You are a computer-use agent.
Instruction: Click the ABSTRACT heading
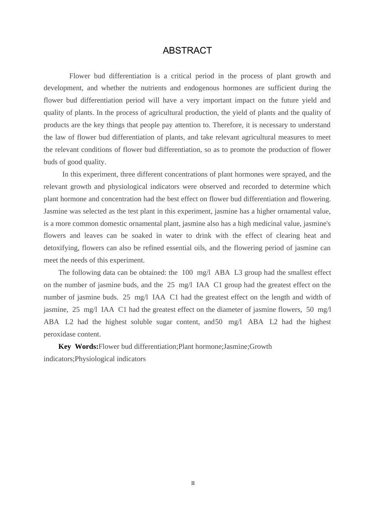tap(187, 50)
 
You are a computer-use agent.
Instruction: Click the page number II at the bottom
tap(193, 483)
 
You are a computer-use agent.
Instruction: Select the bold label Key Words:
tap(78, 346)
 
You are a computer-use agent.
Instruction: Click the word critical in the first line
tap(181, 76)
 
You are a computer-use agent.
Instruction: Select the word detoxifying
tap(61, 248)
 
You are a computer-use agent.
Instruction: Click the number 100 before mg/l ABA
tap(187, 272)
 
